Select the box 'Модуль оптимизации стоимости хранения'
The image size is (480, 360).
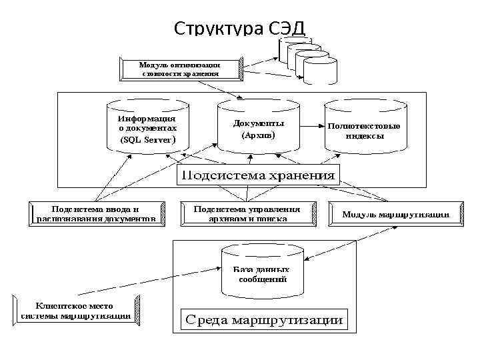point(180,69)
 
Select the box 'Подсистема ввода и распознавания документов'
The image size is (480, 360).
point(97,213)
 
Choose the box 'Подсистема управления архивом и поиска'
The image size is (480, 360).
point(247,213)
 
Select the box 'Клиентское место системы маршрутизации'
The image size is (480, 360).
point(76,311)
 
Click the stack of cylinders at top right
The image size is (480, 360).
point(307,58)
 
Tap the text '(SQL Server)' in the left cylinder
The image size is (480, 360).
point(147,140)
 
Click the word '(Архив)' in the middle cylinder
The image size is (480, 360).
point(258,135)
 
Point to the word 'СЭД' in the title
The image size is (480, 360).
point(287,29)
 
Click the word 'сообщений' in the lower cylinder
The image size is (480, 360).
point(262,280)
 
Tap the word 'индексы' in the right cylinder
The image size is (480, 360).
point(364,135)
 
